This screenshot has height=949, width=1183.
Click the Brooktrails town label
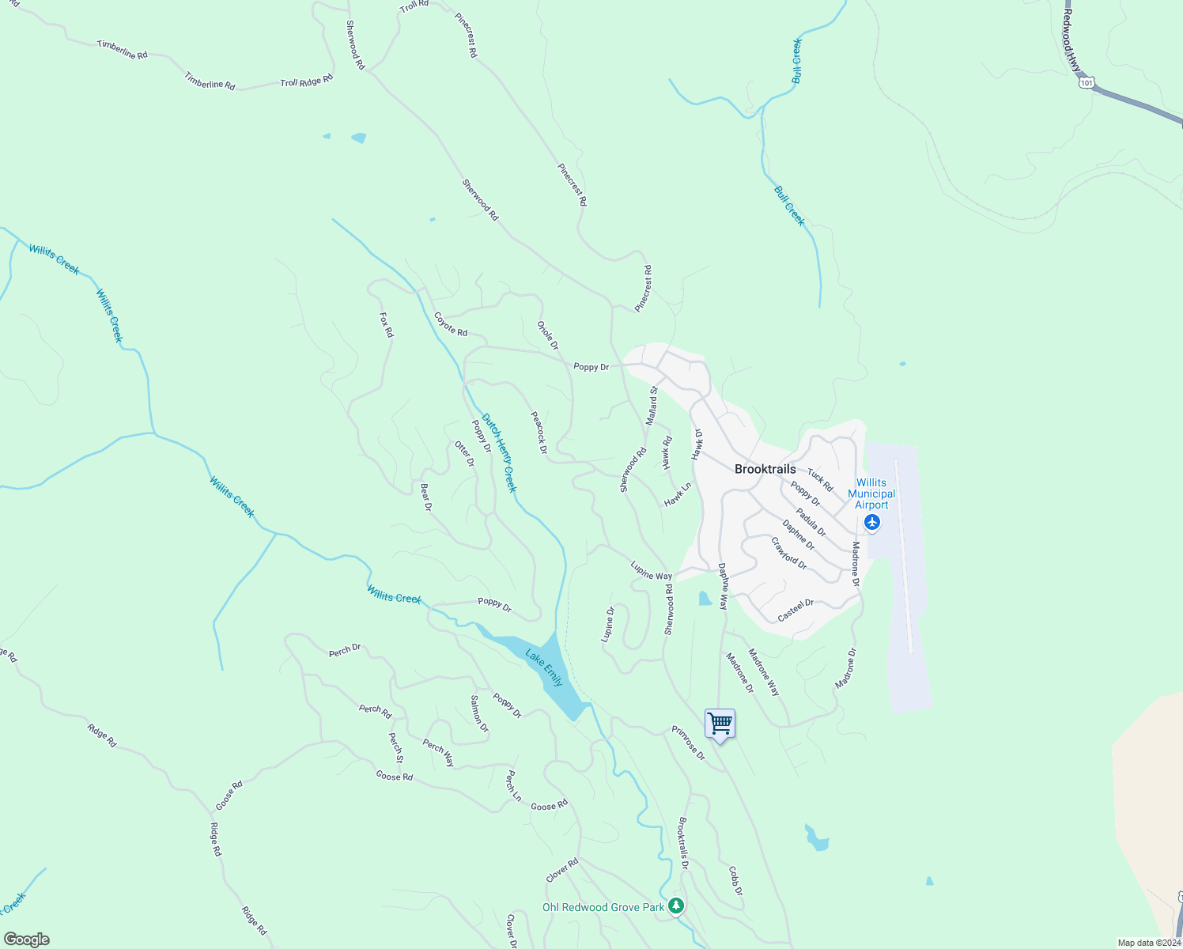(x=765, y=469)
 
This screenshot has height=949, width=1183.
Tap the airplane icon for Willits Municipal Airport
(x=871, y=522)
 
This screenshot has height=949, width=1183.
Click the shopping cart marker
(x=720, y=724)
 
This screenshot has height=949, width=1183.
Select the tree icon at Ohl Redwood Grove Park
(x=675, y=906)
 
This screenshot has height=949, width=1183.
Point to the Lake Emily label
(x=546, y=668)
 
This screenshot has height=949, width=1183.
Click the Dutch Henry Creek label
(x=499, y=453)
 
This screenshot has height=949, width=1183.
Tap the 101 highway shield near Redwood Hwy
(x=1087, y=82)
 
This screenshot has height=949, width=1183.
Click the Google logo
(x=26, y=940)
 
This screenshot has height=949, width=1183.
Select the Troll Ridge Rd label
(x=307, y=81)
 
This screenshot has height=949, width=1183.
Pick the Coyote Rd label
(x=451, y=324)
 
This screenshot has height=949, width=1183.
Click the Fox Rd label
(x=386, y=325)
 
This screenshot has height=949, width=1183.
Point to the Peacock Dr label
(x=539, y=432)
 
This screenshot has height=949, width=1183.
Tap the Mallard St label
(x=652, y=406)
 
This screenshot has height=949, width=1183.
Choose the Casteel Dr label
(x=796, y=610)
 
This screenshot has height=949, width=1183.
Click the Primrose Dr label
(x=688, y=743)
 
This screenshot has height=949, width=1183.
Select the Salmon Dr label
(x=479, y=713)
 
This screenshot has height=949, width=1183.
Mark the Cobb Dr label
(x=735, y=881)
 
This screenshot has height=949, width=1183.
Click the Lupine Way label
(x=651, y=571)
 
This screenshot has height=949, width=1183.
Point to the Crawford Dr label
(x=788, y=554)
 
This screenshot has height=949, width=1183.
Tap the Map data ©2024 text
(x=1148, y=943)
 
